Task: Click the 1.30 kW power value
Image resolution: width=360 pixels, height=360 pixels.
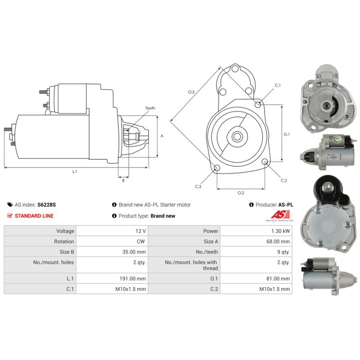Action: (280, 231)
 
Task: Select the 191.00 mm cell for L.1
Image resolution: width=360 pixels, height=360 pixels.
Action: (132, 279)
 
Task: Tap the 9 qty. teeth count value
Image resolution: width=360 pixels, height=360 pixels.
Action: (283, 252)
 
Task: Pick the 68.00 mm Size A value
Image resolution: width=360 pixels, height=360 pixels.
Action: (278, 242)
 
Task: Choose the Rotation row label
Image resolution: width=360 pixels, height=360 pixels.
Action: (64, 242)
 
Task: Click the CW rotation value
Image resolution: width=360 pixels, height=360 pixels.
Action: (141, 242)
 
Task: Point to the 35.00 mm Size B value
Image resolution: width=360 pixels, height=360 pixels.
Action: (134, 252)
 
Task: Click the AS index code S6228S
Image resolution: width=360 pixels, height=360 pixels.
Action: (47, 205)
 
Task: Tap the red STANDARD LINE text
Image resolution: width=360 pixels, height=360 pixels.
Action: (34, 216)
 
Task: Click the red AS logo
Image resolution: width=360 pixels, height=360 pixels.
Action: (280, 215)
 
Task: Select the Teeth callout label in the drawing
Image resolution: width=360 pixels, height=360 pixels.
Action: (150, 108)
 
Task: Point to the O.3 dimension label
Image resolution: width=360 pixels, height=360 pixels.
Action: (191, 92)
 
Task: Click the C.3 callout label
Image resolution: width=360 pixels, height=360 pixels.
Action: (198, 186)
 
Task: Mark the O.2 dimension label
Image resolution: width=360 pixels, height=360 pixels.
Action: (241, 193)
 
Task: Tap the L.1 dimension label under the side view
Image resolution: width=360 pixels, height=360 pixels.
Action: (75, 171)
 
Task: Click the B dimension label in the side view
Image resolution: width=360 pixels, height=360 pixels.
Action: (123, 180)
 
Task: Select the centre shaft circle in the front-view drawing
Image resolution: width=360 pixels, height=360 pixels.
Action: (237, 137)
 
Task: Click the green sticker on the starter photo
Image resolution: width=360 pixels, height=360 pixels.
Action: (337, 139)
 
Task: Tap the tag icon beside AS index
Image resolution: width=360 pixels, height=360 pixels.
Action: (10, 205)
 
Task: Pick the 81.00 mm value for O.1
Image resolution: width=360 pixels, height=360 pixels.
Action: (278, 279)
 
